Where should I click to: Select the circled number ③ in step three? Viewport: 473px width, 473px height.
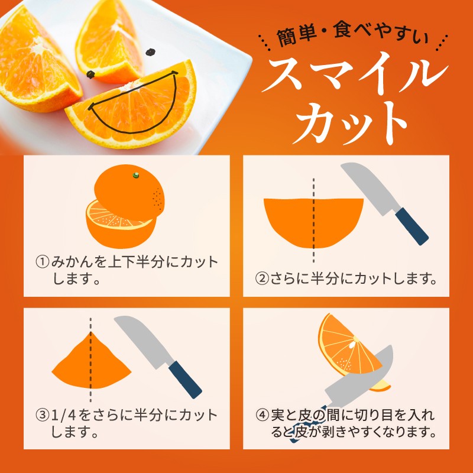pos(42,415)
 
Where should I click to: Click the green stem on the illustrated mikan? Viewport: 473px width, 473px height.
pos(136,175)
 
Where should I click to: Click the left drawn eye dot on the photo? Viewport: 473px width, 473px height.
pos(91,74)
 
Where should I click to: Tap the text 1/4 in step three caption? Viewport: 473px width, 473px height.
pos(64,415)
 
